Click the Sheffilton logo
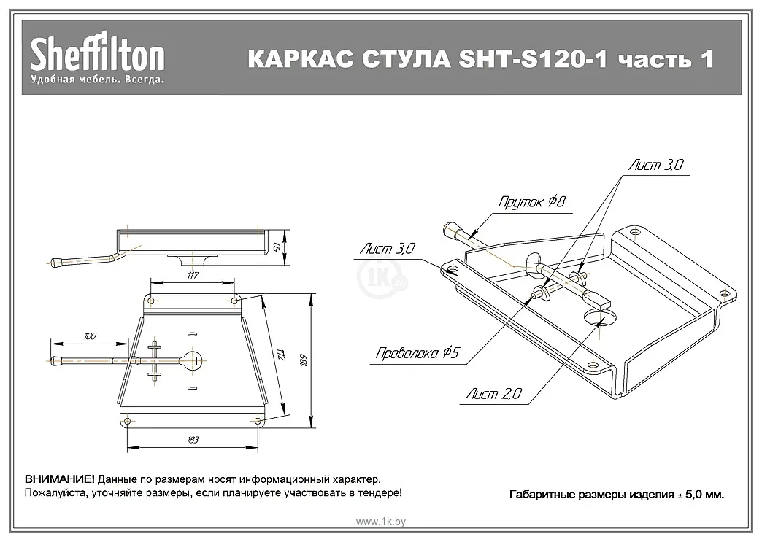[97, 55]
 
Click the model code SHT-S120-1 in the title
[534, 59]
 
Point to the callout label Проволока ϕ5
[417, 354]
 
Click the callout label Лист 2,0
[494, 395]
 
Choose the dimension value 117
[192, 275]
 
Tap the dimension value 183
[193, 440]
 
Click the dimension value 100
[89, 336]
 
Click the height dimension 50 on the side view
[276, 247]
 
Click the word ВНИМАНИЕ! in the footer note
[59, 479]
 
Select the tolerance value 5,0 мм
[704, 495]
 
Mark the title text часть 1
[666, 59]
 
